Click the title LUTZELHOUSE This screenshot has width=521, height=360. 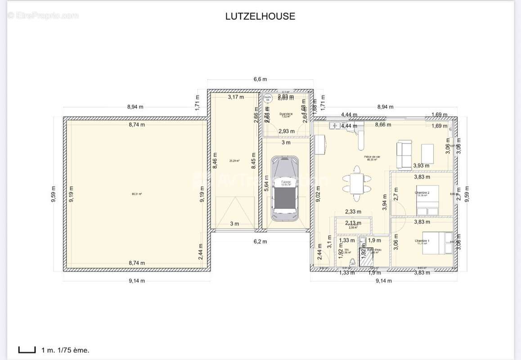tap(260, 16)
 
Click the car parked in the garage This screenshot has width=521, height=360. tap(284, 188)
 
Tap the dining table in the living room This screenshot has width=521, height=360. tap(357, 184)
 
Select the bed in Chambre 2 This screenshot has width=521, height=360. tap(427, 200)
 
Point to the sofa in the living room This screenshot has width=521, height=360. tap(404, 154)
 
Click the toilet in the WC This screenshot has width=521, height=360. tap(352, 262)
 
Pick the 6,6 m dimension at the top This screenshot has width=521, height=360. tap(260, 79)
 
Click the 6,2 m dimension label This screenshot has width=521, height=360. tap(260, 242)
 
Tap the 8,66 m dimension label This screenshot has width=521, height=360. tap(383, 125)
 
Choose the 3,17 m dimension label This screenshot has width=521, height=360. tap(236, 97)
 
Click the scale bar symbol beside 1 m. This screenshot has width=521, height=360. tap(27, 350)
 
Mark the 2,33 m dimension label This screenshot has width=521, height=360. tap(353, 211)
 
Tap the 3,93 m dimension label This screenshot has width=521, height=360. tap(422, 166)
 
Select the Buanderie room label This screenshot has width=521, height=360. tap(286, 115)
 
